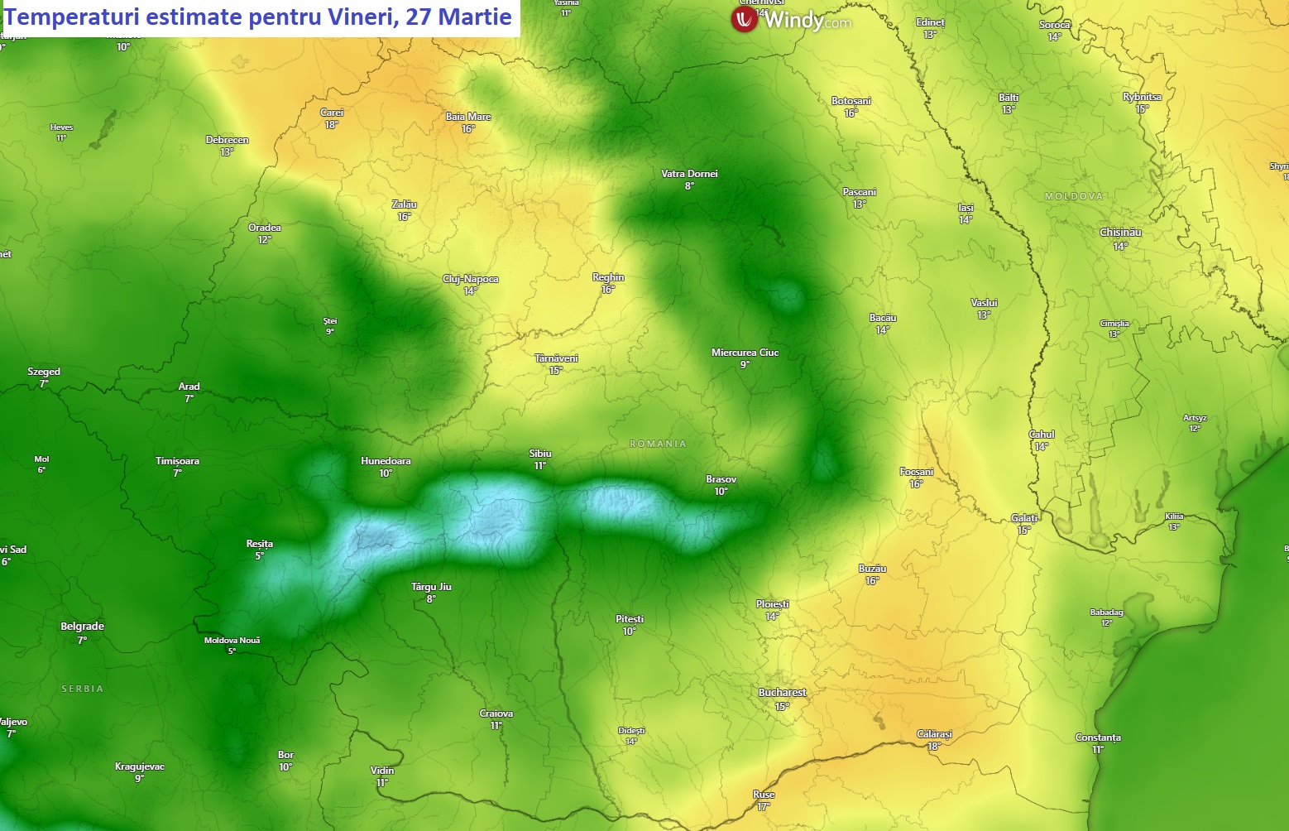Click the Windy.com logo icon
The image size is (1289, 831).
point(744,20)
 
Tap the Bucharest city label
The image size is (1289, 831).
point(782,693)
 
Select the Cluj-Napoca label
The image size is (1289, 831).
point(471,279)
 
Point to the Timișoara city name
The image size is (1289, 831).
point(177,461)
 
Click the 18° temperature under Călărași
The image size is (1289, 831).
point(934,747)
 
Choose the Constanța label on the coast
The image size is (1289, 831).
point(1098,737)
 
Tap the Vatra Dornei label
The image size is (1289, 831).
point(689,174)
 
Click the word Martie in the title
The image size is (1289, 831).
point(474,17)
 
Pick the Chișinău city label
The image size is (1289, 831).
point(1120,233)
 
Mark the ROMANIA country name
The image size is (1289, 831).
point(658,444)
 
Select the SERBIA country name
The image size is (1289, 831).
point(83,689)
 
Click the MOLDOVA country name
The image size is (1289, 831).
point(1074,196)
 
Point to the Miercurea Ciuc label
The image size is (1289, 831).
point(745,353)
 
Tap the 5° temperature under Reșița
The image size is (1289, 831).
point(259,556)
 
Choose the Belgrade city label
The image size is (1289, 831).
point(82,627)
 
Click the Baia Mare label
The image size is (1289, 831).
point(468,117)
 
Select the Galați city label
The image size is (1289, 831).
point(1024,518)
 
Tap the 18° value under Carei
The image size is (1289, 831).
point(331,125)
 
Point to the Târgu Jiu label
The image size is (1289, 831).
point(431,587)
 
